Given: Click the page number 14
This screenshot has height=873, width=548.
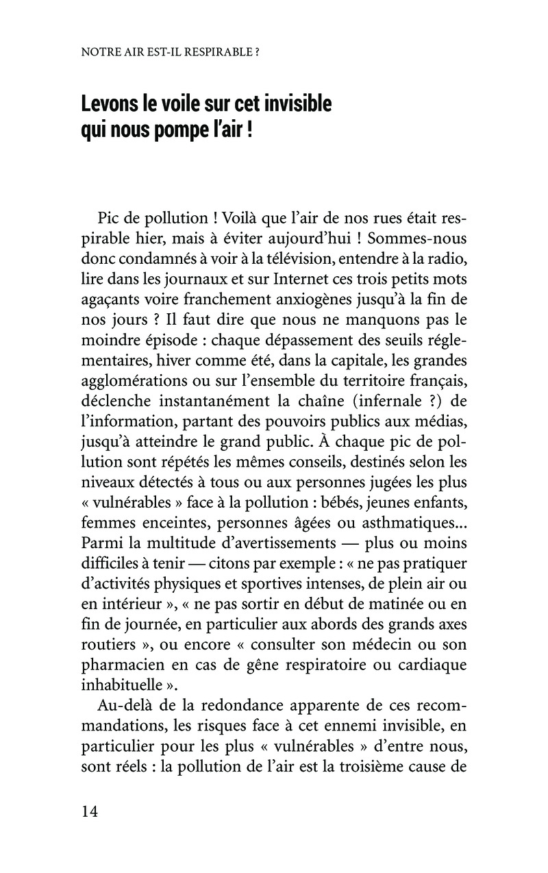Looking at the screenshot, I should pos(90,811).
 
